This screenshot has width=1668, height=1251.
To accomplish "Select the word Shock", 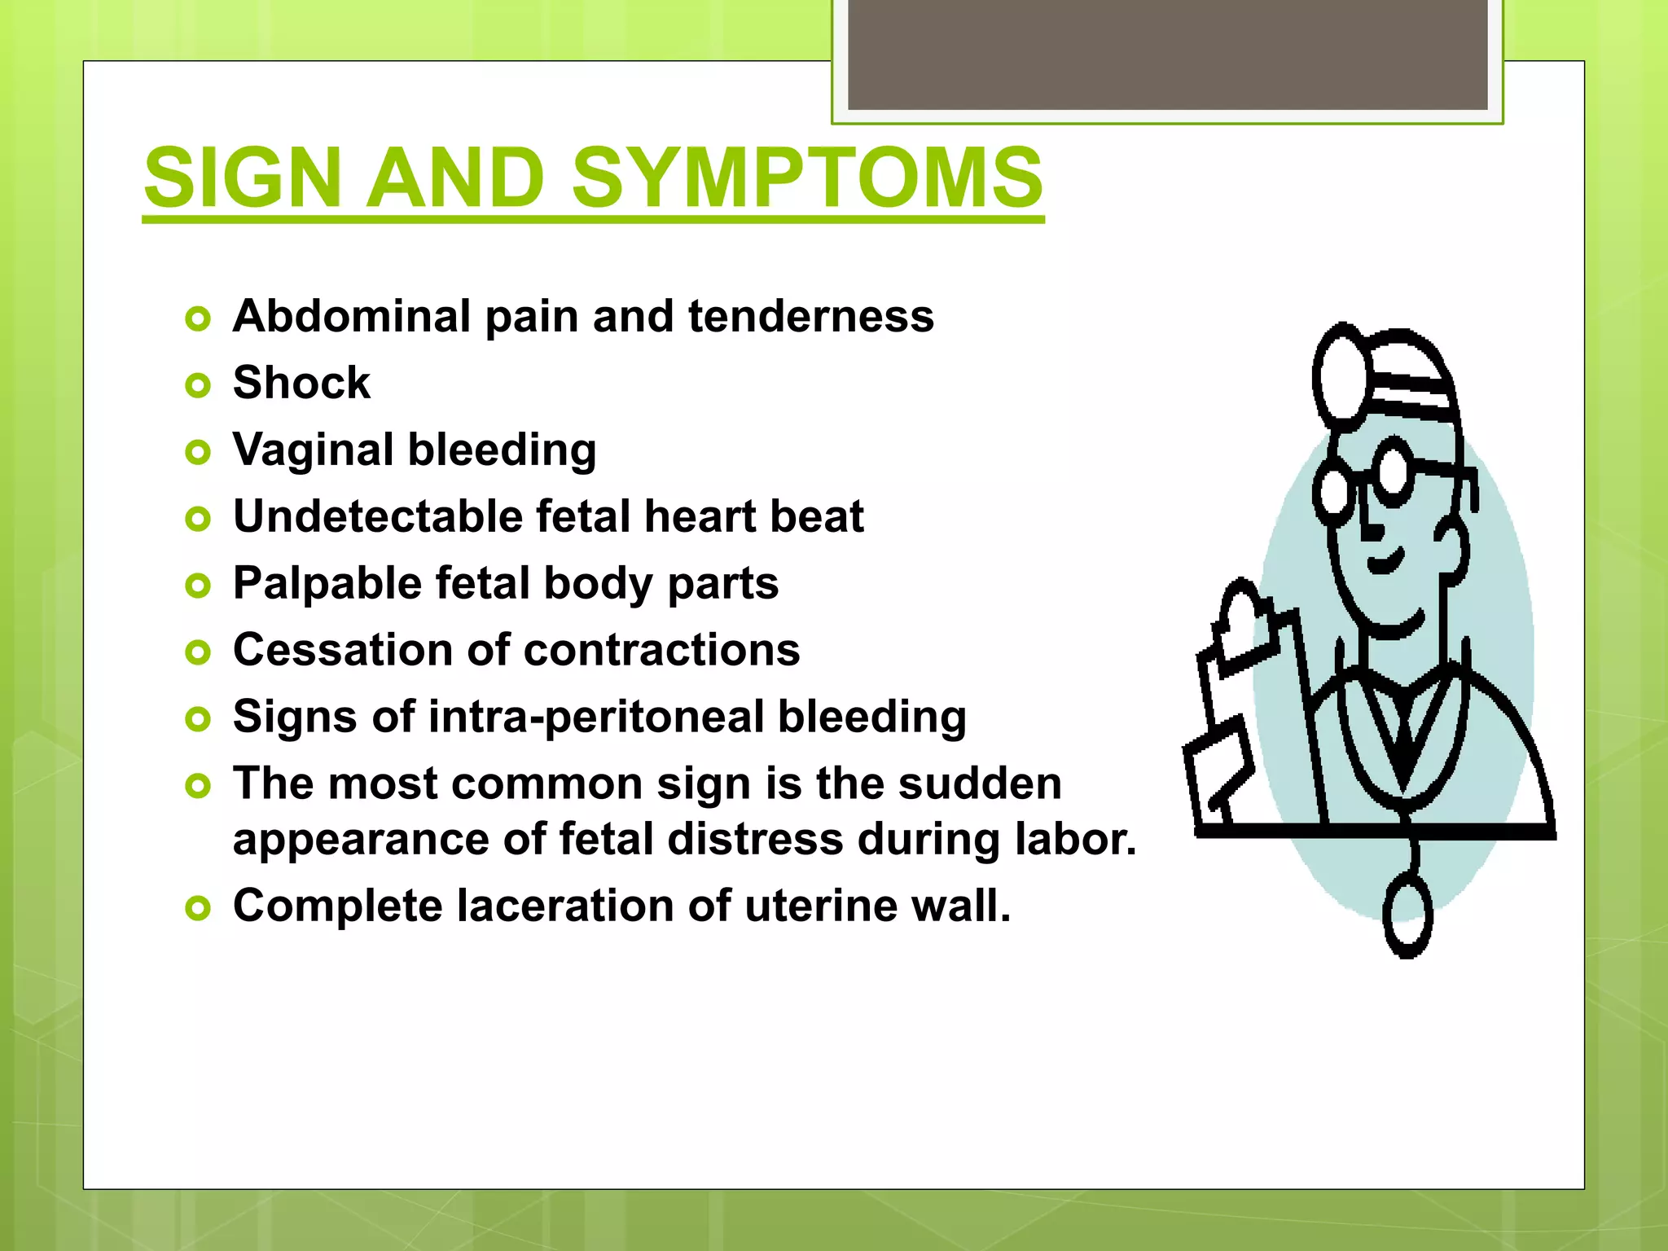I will point(301,383).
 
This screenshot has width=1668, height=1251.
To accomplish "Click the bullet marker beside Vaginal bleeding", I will point(198,452).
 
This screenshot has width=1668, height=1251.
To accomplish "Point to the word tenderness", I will point(810,316).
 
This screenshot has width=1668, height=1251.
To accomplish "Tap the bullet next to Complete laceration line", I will point(198,907).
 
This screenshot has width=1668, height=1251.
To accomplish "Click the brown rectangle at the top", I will point(1167,55).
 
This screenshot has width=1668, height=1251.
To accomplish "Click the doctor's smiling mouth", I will point(1385,562).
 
